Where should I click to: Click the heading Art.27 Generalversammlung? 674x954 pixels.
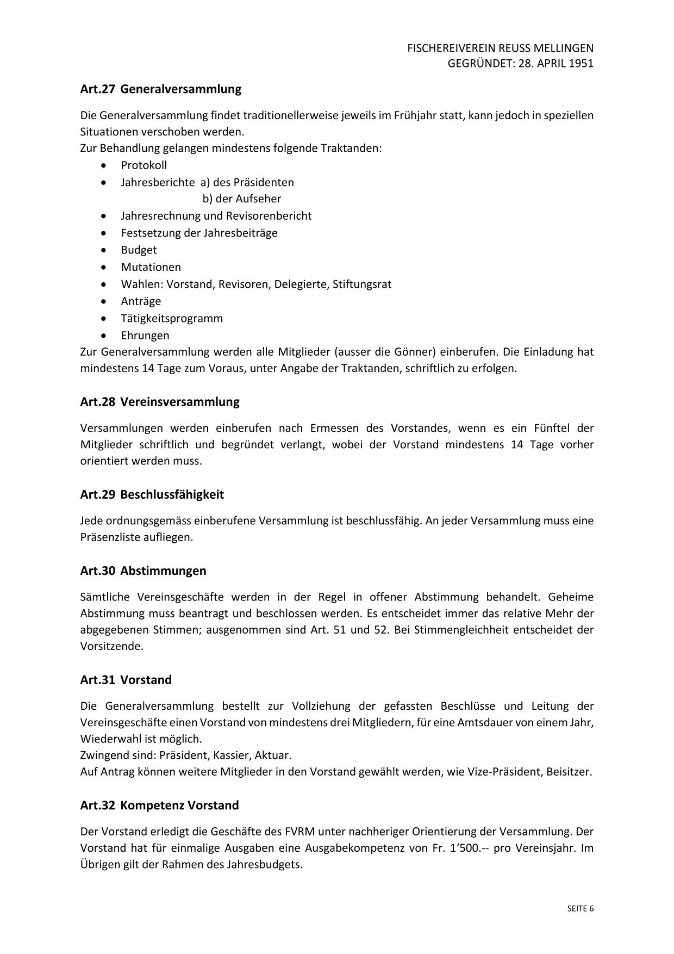pos(160,89)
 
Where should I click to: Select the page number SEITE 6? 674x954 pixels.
pos(581,908)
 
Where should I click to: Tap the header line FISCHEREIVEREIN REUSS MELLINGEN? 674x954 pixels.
pos(500,48)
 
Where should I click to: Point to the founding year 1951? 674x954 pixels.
pos(581,63)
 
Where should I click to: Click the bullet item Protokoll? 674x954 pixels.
pos(143,165)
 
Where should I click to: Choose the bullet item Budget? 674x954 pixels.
pos(139,250)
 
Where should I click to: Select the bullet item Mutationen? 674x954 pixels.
pos(151,267)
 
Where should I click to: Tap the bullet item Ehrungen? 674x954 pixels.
pos(145,335)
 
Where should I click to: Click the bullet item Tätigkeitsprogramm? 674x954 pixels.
pos(171,318)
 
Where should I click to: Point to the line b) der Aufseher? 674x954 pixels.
pos(241,199)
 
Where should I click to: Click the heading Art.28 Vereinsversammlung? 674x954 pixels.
pos(159,402)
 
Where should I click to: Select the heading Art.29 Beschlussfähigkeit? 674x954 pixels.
pos(152,494)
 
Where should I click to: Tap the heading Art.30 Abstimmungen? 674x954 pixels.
pos(143,571)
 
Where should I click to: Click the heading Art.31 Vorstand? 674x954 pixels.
pos(126,680)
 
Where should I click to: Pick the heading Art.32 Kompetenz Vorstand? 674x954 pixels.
pos(159,805)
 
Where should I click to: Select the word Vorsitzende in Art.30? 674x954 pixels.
pos(111,647)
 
